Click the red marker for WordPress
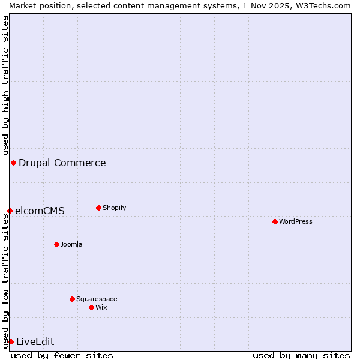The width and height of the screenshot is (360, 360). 275,221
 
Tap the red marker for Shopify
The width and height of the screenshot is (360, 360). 98,208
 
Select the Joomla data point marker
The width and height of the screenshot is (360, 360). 56,244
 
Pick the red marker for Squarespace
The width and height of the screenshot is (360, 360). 72,299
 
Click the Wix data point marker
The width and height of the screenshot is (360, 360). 91,307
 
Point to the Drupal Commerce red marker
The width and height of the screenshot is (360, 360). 13,163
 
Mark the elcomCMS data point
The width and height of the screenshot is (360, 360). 10,211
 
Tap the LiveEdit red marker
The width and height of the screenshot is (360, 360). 11,341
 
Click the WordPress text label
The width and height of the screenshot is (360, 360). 296,221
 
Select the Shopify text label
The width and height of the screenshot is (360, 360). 115,208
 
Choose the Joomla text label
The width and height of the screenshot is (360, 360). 71,244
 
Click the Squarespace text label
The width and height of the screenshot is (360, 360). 97,299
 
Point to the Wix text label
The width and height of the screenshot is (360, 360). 101,307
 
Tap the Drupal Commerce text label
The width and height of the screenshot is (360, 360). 62,163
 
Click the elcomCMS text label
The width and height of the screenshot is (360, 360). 40,211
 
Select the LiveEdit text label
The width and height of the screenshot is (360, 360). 35,341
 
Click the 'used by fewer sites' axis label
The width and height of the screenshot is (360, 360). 62,355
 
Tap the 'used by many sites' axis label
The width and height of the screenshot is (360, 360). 301,355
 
